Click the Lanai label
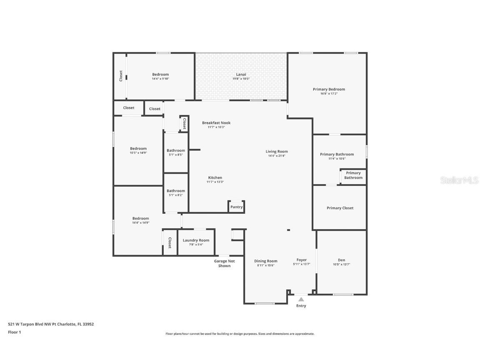[x=241, y=74]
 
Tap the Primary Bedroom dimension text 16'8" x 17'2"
[x=329, y=94]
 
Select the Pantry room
[x=236, y=207]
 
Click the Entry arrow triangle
[x=301, y=299]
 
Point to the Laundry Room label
[x=196, y=240]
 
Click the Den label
[x=341, y=260]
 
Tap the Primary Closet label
[x=340, y=208]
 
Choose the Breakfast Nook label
[x=216, y=123]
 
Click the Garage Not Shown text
[x=224, y=263]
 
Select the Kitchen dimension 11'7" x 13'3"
[x=215, y=182]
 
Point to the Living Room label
[x=277, y=151]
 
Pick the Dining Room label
[x=266, y=261]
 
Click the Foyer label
[x=302, y=260]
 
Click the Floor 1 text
[x=14, y=332]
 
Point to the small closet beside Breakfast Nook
[x=184, y=123]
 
